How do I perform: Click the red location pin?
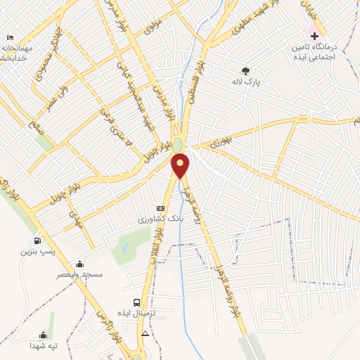[x=181, y=165]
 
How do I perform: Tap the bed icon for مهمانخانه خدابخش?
[x=10, y=37]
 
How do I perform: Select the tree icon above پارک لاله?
[x=245, y=70]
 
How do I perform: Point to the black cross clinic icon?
[x=314, y=35]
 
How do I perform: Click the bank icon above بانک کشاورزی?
[x=160, y=208]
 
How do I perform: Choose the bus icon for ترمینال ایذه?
[x=137, y=302]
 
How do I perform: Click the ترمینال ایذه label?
[x=150, y=313]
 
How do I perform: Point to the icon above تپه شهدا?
[x=44, y=335]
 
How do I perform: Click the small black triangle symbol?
[x=146, y=333]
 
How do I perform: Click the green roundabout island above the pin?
[x=179, y=145]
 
